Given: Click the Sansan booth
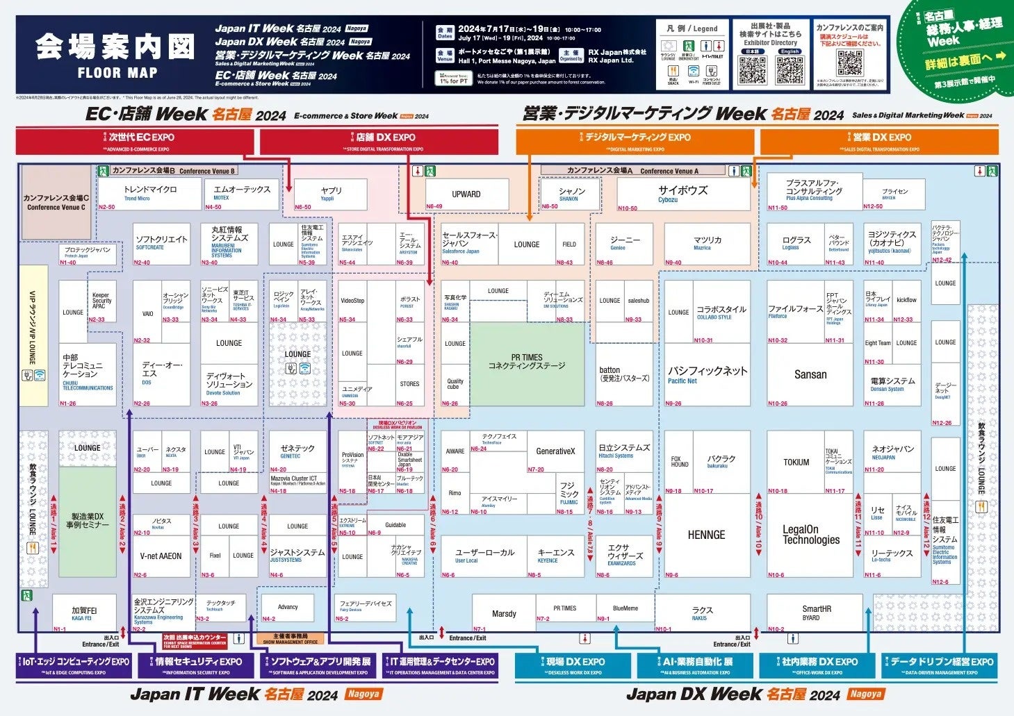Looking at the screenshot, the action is point(810,374).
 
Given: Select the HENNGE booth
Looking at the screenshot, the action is point(706,535).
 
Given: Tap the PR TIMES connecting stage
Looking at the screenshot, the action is point(527,363).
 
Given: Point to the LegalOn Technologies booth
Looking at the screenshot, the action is point(810,534).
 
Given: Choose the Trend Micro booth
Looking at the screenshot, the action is point(149,193).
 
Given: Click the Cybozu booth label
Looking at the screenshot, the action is point(682,194).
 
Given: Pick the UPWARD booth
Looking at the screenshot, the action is point(466,194).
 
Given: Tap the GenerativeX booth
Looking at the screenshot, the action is point(555,451).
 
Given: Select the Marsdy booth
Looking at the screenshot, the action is point(504,613).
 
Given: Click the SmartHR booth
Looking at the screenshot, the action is point(816,613).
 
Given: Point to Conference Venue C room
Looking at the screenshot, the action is point(56,202).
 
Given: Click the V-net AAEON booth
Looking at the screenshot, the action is point(161,556).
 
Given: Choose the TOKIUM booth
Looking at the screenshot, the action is point(796,463).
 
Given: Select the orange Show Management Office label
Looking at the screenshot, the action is point(291,639).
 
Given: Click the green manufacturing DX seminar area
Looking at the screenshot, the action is point(88,521).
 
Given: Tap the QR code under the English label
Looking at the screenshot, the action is point(790,69).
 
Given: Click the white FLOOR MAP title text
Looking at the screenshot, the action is point(117,72).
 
